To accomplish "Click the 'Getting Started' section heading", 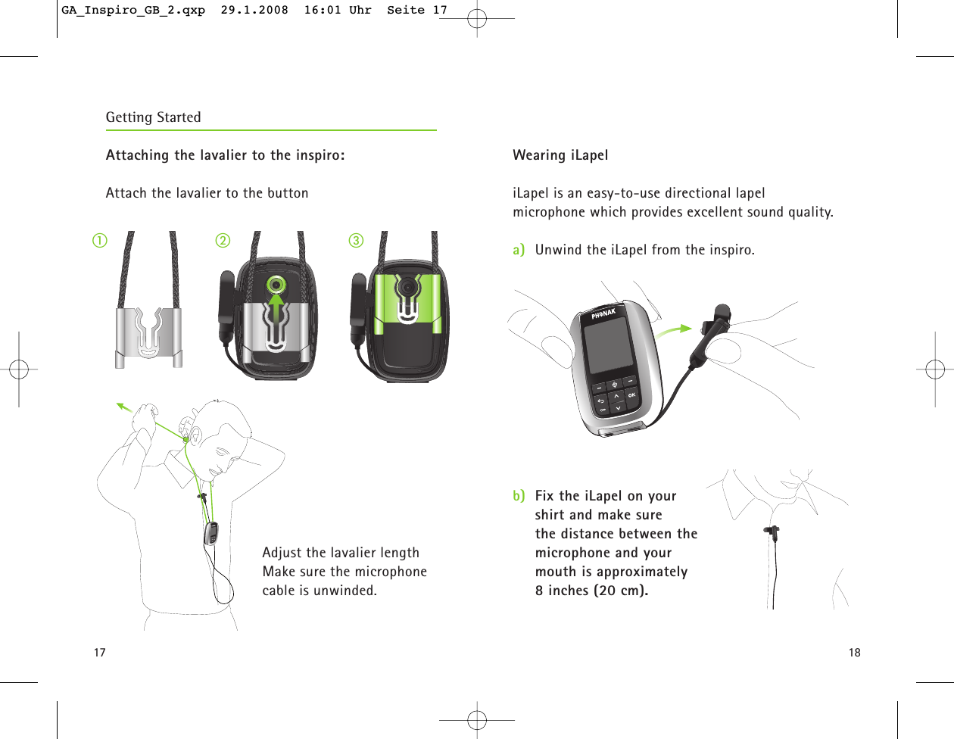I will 153,117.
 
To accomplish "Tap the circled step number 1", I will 100,241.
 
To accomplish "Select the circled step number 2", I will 222,241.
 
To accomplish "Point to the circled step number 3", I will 356,241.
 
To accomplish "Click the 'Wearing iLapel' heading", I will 560,155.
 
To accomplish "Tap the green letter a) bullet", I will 519,250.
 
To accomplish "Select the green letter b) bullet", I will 519,496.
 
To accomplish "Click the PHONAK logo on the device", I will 603,313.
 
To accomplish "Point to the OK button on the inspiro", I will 631,394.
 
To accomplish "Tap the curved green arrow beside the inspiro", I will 673,331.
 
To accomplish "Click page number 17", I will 99,653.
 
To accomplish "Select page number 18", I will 854,653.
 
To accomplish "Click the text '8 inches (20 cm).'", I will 591,591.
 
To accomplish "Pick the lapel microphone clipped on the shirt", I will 772,532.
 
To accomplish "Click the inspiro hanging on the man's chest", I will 211,533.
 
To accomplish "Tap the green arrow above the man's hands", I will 124,409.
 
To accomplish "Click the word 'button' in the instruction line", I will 288,193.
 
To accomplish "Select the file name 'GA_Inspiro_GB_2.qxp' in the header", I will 133,11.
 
